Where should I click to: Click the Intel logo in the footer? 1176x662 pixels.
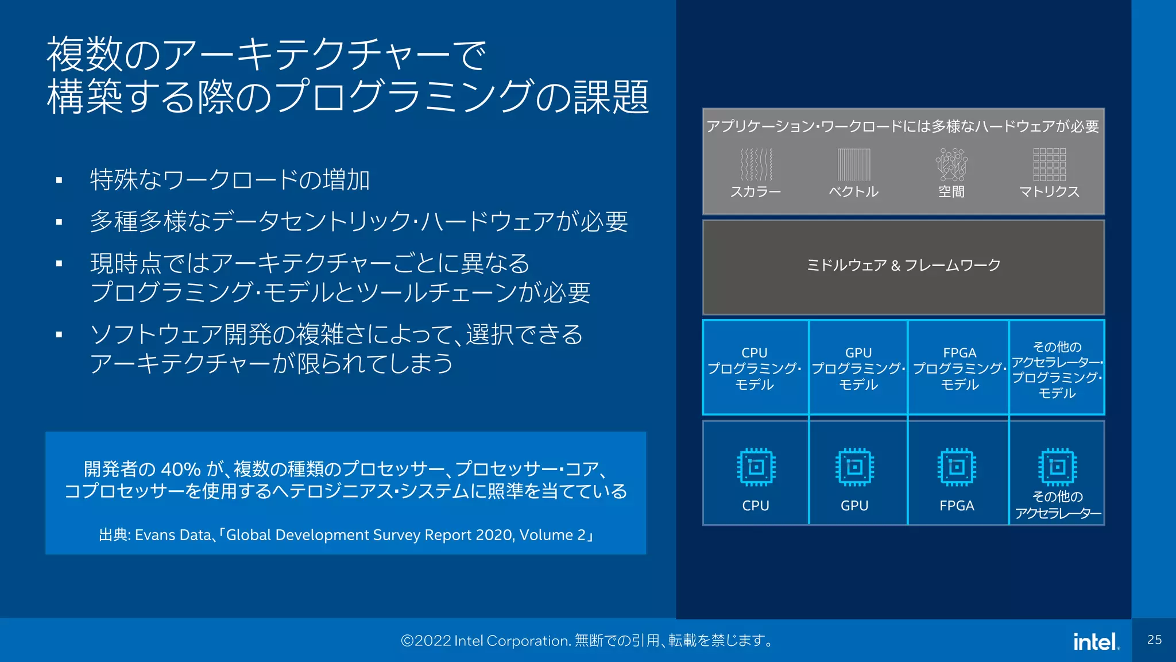(x=1096, y=641)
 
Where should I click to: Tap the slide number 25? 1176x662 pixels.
(x=1154, y=640)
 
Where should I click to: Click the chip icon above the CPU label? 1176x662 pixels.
(x=756, y=467)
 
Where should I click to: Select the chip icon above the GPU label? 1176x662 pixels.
(x=854, y=467)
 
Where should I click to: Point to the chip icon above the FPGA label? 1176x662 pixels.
(x=957, y=467)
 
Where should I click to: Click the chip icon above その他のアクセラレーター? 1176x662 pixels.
(x=1057, y=467)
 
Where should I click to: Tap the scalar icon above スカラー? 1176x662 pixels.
(x=756, y=165)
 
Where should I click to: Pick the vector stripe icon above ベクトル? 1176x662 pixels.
(x=854, y=165)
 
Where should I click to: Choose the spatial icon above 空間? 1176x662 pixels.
(x=951, y=165)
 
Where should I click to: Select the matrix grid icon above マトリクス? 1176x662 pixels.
(x=1049, y=165)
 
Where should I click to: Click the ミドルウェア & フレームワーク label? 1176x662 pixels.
(x=903, y=265)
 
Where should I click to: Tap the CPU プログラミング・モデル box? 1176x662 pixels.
(x=755, y=368)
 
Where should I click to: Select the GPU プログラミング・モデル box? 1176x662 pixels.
(x=858, y=368)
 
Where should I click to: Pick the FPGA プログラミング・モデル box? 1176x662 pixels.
(x=960, y=368)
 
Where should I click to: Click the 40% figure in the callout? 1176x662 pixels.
(x=180, y=469)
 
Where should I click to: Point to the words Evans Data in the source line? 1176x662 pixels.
(x=173, y=535)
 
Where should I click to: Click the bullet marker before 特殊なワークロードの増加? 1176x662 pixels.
(x=59, y=180)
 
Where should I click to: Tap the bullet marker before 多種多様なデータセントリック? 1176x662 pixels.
(x=59, y=222)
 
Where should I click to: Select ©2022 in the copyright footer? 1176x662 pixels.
(x=426, y=641)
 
